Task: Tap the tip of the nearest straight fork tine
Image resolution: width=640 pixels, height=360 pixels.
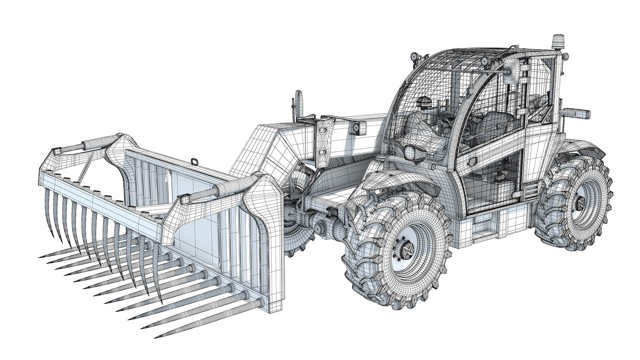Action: [x=156, y=336]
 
